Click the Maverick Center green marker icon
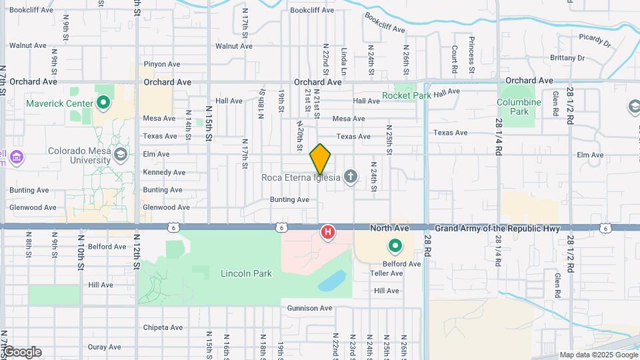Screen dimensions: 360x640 (103, 103)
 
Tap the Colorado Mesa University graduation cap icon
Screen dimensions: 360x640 (120, 155)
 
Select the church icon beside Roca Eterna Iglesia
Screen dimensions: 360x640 (351, 177)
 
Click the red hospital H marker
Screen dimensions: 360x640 (328, 233)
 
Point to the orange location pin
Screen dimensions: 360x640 (321, 159)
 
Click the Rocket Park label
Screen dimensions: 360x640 (407, 95)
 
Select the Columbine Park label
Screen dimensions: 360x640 (519, 107)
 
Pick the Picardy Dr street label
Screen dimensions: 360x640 (595, 40)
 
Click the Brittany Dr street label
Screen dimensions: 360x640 (567, 58)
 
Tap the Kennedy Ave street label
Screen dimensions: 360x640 (163, 172)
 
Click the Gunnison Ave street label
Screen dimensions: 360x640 (309, 308)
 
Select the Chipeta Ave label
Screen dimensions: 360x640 (163, 327)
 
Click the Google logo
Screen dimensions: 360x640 (21, 352)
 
